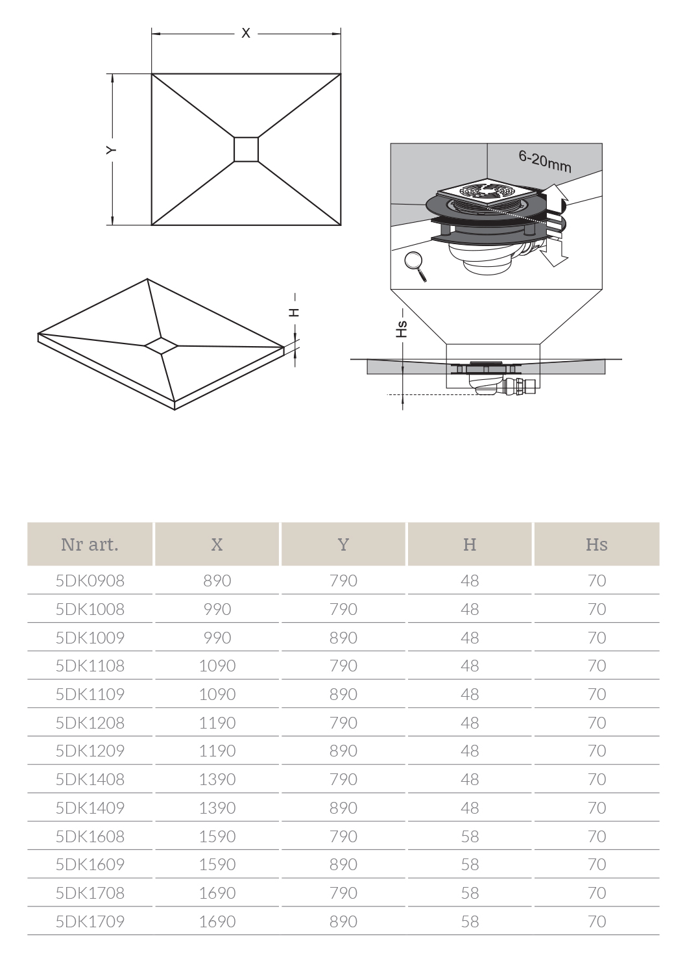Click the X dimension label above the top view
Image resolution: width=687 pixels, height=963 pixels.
click(246, 33)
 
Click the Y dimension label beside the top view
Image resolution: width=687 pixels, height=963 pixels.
click(112, 149)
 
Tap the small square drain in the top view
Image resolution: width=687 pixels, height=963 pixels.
click(246, 149)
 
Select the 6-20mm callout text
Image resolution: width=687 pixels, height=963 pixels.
click(545, 161)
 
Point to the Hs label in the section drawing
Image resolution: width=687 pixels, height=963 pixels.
click(403, 329)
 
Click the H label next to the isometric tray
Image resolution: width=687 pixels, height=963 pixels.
click(295, 312)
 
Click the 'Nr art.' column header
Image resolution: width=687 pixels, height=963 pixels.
click(90, 544)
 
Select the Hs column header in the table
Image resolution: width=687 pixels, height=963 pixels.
click(596, 544)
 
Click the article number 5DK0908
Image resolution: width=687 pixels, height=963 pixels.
click(90, 581)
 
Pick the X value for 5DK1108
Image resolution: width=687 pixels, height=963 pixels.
click(217, 666)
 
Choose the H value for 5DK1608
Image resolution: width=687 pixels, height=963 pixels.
click(470, 836)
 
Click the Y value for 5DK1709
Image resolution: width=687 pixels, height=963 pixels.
click(343, 921)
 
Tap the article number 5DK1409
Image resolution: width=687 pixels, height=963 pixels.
click(90, 808)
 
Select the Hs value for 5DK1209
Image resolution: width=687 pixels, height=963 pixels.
click(596, 751)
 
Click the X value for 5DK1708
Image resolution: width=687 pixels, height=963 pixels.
click(217, 893)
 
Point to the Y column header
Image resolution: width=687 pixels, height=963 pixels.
click(343, 544)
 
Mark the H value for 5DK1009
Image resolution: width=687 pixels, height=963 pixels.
click(470, 638)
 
